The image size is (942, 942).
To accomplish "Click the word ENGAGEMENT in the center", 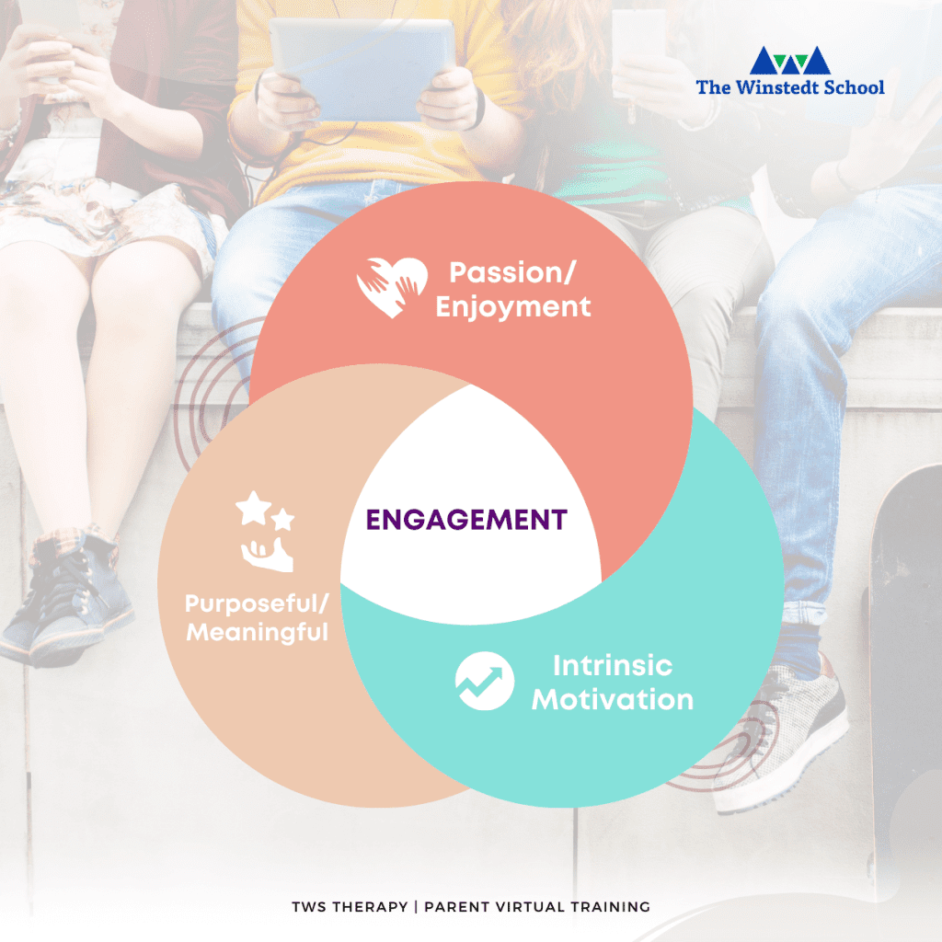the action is pos(466,520).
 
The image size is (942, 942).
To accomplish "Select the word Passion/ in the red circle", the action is pos(512,272).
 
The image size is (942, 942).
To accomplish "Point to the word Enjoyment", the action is pos(513,307).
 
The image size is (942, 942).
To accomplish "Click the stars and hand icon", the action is pos(265,531).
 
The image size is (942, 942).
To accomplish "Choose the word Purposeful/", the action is pos(258,603).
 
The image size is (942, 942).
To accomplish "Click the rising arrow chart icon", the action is pos(484,681).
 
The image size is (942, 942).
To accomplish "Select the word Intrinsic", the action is pos(612,666).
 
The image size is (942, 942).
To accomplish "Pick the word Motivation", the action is pos(612,700).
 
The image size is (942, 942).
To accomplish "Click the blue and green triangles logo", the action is pos(790,60).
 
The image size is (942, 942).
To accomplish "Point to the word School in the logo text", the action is pos(854,87).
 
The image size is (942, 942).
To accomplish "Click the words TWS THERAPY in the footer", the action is pos(350,906).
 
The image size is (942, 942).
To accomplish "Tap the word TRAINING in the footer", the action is pos(611,906).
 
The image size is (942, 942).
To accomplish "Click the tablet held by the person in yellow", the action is pos(362,69).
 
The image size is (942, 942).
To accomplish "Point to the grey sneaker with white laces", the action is pos(781,739).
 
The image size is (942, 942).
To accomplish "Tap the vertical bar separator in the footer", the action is pos(416,906).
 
